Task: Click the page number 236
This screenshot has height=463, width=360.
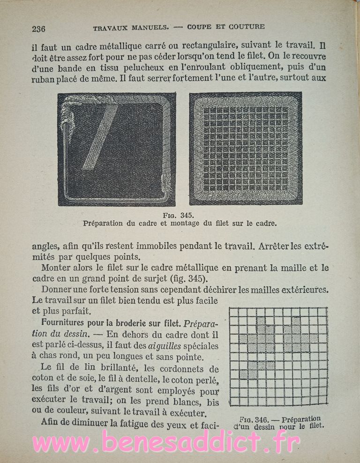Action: (x=38, y=29)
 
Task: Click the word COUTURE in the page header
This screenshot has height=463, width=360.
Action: (x=247, y=27)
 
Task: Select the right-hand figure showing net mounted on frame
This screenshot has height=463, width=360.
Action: (x=245, y=148)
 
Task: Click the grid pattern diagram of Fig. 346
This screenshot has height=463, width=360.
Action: (x=278, y=356)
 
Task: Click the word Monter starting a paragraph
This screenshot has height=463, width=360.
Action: (x=55, y=268)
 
